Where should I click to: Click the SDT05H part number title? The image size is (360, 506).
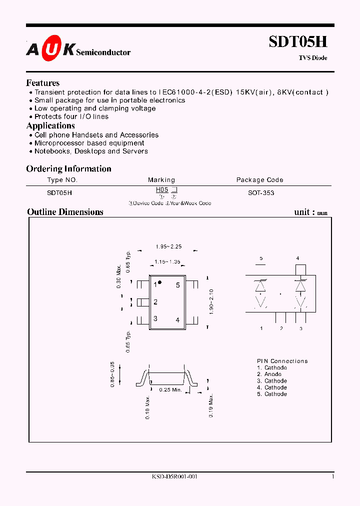(x=298, y=41)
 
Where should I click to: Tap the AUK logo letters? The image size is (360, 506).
(x=50, y=48)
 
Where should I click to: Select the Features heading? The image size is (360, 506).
(x=43, y=83)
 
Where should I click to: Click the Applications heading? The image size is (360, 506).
(x=50, y=125)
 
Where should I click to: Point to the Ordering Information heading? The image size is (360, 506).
(x=68, y=168)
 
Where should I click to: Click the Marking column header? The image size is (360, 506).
(x=161, y=179)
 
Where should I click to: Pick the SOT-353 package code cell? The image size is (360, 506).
(x=261, y=192)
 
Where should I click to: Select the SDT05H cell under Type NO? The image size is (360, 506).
(x=59, y=192)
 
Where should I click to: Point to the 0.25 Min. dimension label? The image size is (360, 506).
(x=170, y=389)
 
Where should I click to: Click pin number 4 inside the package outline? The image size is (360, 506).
(x=177, y=320)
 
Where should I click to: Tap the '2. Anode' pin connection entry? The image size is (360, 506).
(x=269, y=374)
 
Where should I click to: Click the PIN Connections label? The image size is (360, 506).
(x=282, y=361)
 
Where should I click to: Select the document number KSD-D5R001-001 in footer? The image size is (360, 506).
(x=175, y=477)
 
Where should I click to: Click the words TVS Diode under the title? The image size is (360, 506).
(x=313, y=58)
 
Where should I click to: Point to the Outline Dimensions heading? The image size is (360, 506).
(x=65, y=212)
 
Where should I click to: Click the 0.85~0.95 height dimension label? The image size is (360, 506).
(x=113, y=374)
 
